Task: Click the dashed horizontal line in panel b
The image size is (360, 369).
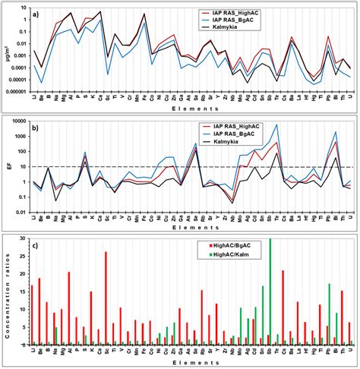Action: click(190, 167)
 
